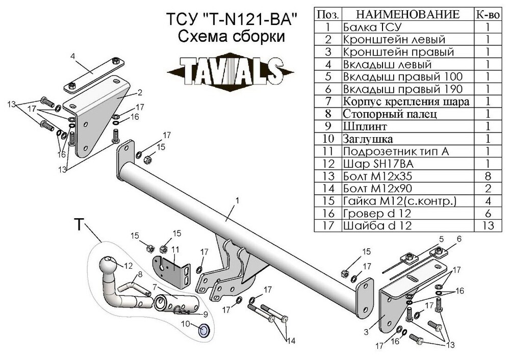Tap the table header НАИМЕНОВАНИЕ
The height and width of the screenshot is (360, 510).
coord(407,14)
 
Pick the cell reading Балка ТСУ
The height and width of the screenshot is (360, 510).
coord(373,27)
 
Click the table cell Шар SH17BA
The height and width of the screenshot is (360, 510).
coord(378,164)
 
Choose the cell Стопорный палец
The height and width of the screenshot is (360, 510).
coord(390,114)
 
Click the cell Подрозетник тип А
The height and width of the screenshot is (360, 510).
coord(396,151)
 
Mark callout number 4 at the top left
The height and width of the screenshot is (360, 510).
coord(73,56)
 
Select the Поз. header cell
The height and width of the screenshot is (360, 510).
coord(328,14)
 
